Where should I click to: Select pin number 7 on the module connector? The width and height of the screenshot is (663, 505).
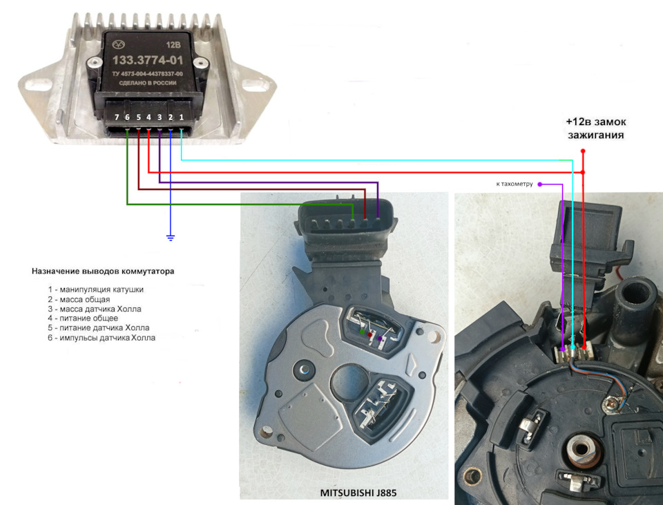(117, 117)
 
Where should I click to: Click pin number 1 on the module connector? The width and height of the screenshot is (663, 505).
(181, 117)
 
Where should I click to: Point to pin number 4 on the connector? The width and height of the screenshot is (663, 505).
(149, 117)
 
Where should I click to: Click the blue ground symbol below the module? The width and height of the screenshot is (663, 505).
(171, 238)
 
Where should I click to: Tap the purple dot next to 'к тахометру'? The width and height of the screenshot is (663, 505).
(539, 184)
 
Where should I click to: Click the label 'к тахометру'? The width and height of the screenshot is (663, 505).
(515, 184)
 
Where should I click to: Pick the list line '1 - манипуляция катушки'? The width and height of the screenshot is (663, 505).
(97, 289)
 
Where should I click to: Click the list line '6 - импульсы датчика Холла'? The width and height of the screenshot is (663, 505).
(102, 338)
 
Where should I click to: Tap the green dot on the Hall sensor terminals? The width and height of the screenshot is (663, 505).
(363, 333)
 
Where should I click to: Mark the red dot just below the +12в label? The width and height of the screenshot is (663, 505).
(583, 151)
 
